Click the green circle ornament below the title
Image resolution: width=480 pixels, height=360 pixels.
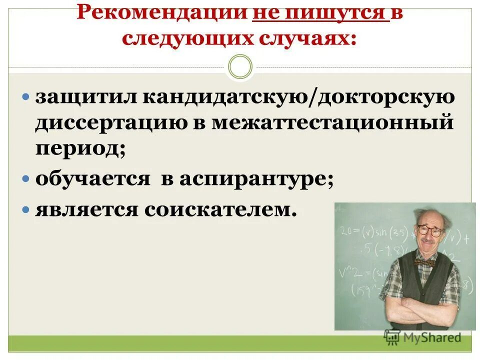pyautogui.click(x=240, y=67)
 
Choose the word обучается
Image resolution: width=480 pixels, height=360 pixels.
pyautogui.click(x=92, y=179)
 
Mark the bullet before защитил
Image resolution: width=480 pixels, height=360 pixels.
pyautogui.click(x=27, y=96)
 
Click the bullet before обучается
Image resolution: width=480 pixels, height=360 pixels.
pyautogui.click(x=27, y=179)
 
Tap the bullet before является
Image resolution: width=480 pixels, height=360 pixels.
pyautogui.click(x=27, y=209)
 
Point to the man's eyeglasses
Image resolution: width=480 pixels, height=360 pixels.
pyautogui.click(x=429, y=230)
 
